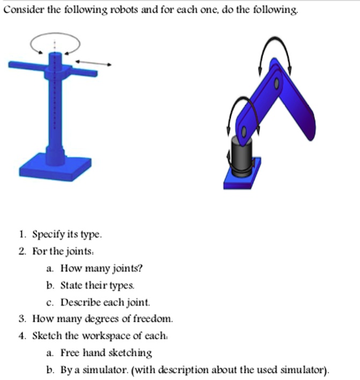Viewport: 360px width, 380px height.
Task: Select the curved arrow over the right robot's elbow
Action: pyautogui.click(x=275, y=54)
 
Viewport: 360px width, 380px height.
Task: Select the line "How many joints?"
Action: pyautogui.click(x=101, y=267)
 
